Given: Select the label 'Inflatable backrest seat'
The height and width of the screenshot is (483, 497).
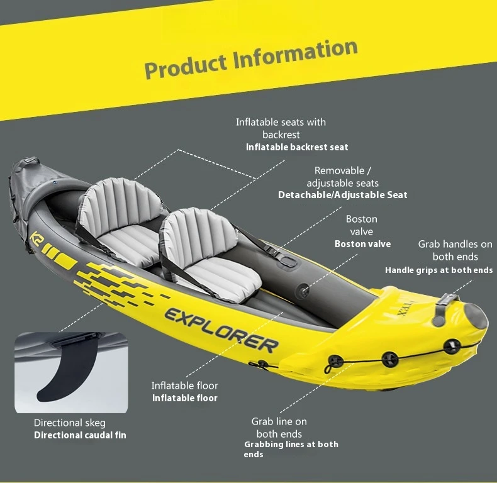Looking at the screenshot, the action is [x=297, y=147].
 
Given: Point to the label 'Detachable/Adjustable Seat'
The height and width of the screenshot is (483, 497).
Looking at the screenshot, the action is [x=342, y=195].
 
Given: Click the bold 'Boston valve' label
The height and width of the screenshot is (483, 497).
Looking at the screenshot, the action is [x=362, y=244].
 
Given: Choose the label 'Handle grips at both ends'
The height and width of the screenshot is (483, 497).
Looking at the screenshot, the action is [x=438, y=270].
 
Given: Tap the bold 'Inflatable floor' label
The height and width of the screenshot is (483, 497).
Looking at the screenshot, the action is [x=184, y=398].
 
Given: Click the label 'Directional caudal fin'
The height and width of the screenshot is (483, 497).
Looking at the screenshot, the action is [x=80, y=435].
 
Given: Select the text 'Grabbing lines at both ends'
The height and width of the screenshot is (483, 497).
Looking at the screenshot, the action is [x=290, y=449].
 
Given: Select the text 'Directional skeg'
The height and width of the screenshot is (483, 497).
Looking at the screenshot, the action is [x=70, y=423].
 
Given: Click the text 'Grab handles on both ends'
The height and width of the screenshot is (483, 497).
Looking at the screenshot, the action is [x=455, y=250].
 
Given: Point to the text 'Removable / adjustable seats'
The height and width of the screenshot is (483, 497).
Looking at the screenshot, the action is [x=342, y=177].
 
